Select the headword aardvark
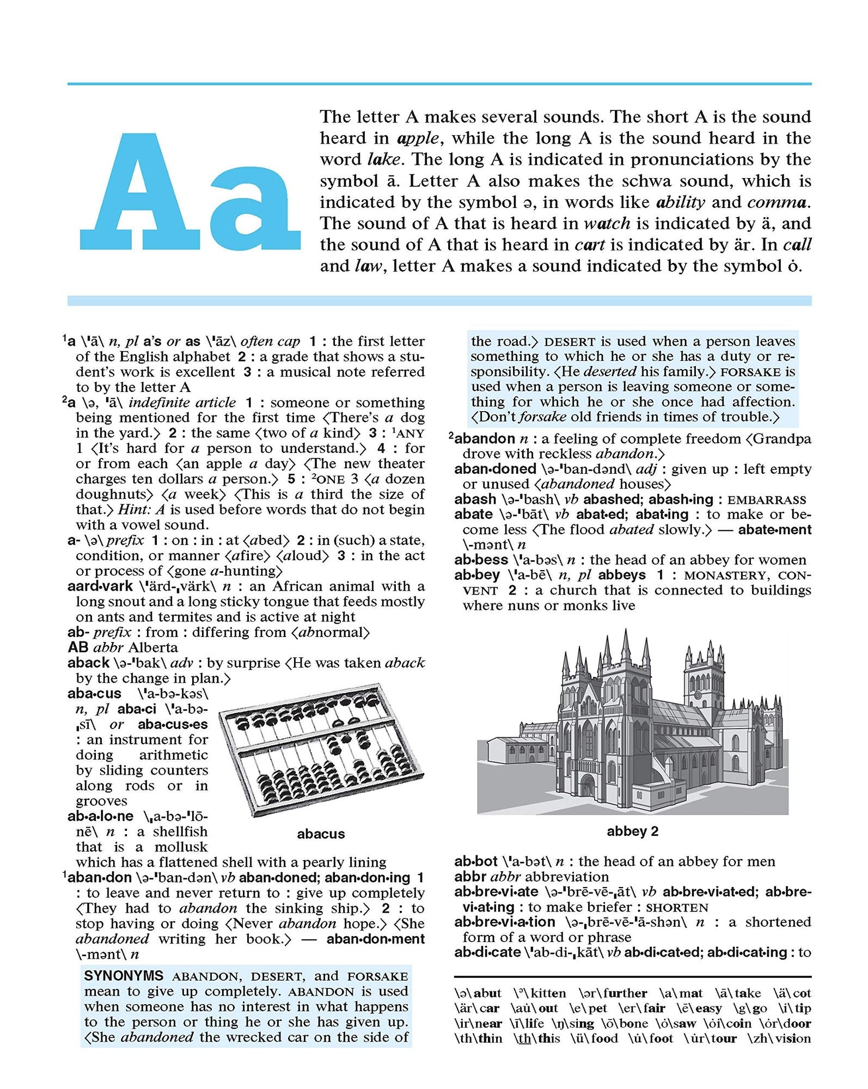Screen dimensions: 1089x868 (x=100, y=586)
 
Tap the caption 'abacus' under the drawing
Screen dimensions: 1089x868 (x=321, y=834)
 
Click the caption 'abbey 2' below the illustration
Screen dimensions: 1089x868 (x=632, y=831)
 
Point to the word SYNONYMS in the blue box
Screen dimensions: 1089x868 (x=124, y=976)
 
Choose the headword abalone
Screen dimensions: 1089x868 (x=100, y=816)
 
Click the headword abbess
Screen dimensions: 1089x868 (x=481, y=560)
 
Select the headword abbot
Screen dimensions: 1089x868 (x=476, y=861)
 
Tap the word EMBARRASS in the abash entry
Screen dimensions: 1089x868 (x=766, y=500)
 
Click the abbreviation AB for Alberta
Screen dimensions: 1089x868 (x=78, y=647)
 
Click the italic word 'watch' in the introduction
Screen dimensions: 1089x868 (x=607, y=223)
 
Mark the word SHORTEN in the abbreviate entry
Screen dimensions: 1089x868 (x=677, y=908)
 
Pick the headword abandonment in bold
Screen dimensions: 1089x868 (x=375, y=939)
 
